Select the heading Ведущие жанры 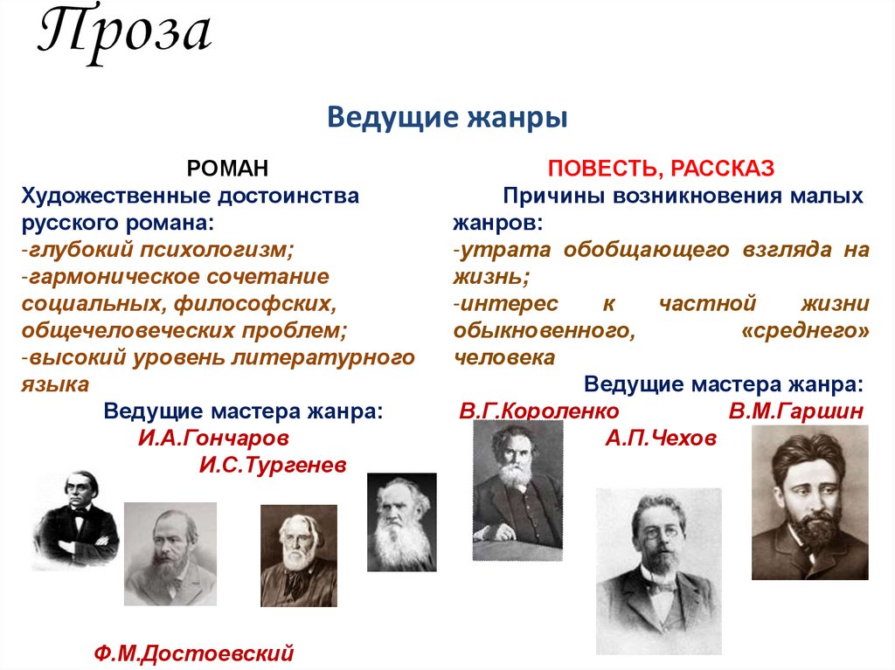[447, 116]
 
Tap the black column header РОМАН [229, 168]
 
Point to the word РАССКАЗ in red [718, 168]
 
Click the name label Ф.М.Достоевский [193, 653]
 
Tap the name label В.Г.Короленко [538, 411]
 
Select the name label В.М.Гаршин [795, 411]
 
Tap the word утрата [506, 250]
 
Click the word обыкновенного [543, 331]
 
